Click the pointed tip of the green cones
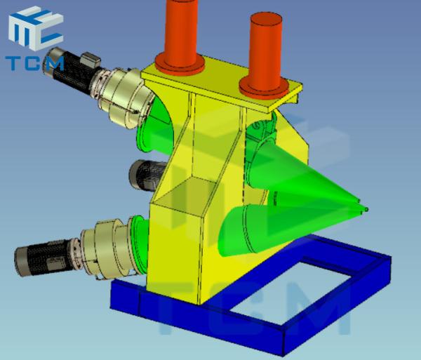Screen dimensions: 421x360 366,209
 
